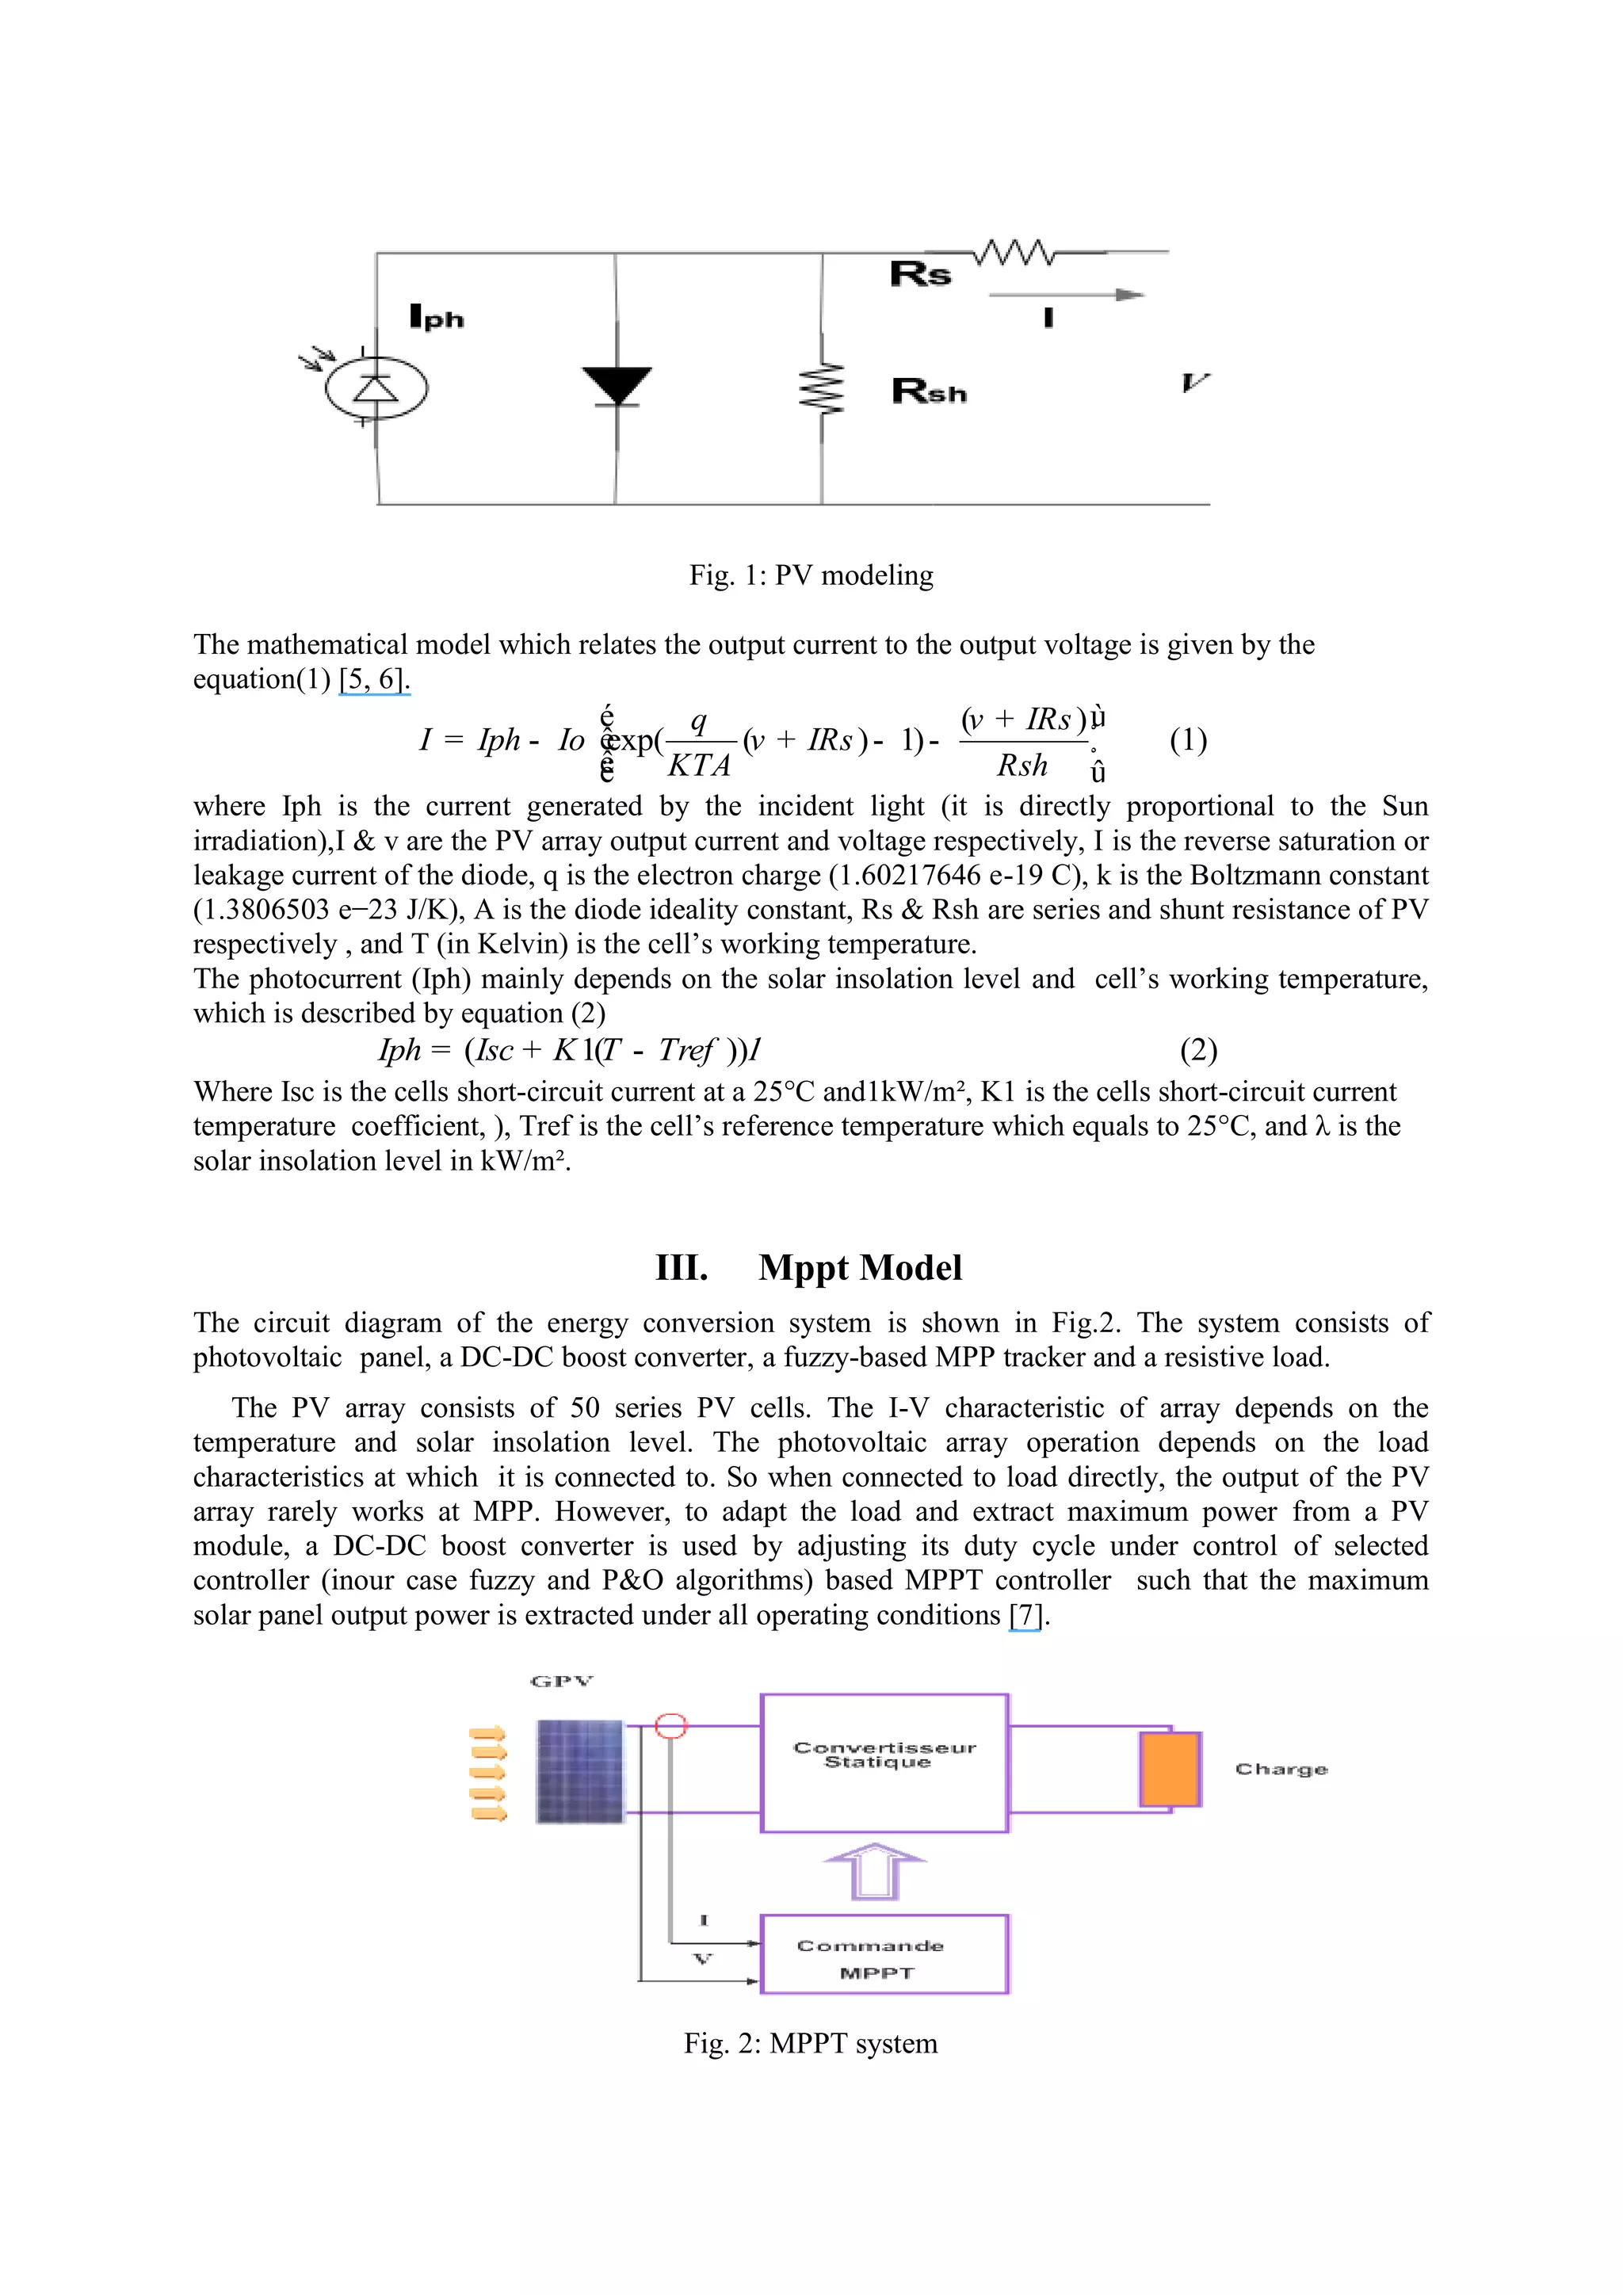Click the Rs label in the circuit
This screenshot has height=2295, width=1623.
(920, 274)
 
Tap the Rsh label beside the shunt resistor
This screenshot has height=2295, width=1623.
(930, 391)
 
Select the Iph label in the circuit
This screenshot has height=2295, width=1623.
(437, 318)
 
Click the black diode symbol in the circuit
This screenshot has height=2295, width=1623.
(617, 386)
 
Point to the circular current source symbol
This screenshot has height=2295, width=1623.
(376, 388)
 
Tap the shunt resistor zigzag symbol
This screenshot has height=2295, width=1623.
(822, 388)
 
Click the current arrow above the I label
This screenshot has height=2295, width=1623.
(1067, 295)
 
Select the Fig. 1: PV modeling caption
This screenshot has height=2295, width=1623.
(811, 576)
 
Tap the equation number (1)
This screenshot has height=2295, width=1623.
(1187, 741)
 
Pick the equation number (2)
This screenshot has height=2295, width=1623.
(1197, 1051)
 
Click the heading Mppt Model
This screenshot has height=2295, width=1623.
(860, 1267)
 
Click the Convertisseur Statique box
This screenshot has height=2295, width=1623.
(884, 1763)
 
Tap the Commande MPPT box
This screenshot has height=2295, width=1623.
(884, 1954)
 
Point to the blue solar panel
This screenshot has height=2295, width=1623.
(579, 1770)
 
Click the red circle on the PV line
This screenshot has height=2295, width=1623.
(670, 1726)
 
